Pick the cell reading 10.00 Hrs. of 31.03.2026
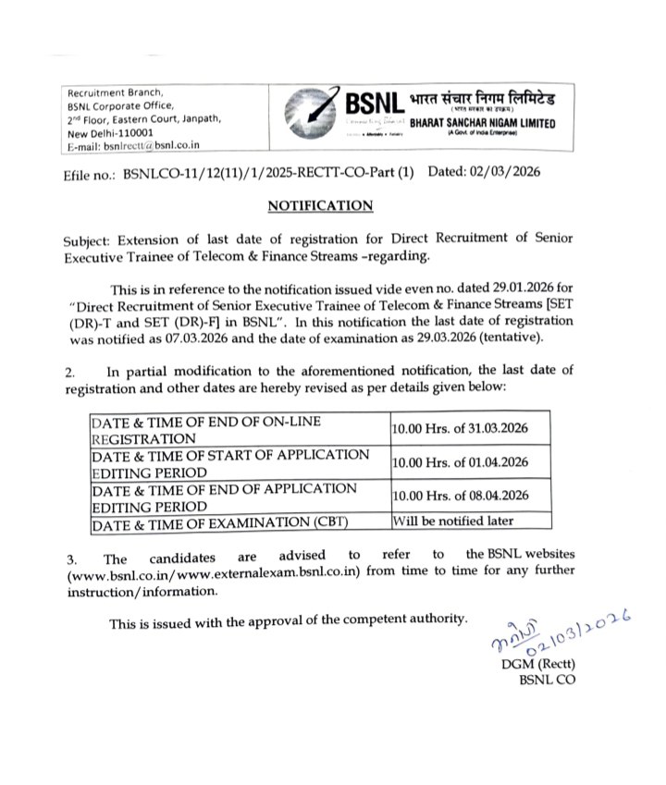pos(460,431)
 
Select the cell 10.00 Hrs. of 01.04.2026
pos(460,462)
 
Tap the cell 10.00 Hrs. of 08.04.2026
pos(460,496)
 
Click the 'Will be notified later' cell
pos(453,521)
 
